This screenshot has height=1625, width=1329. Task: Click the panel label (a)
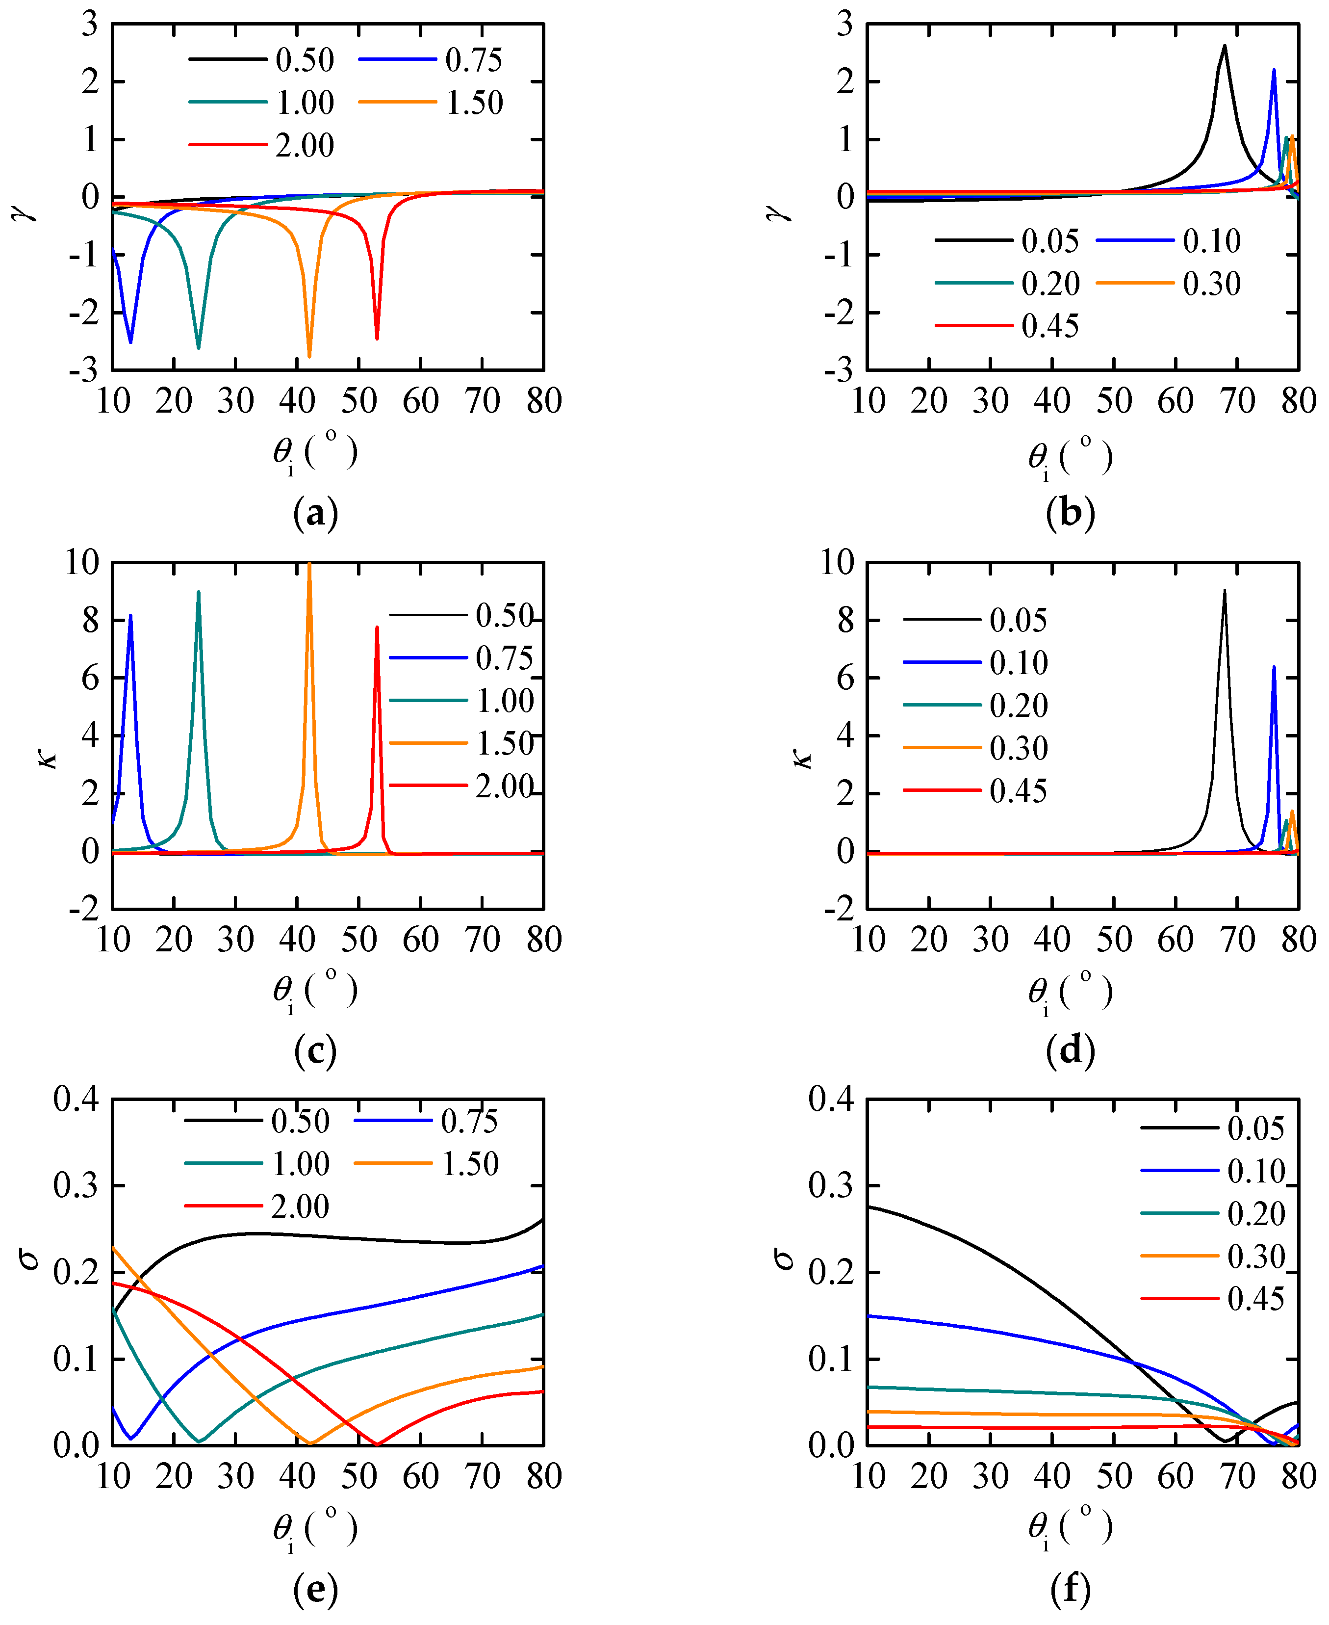tap(315, 514)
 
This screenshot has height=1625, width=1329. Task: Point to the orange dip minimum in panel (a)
tap(309, 357)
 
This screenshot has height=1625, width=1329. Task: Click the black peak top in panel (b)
tap(1224, 46)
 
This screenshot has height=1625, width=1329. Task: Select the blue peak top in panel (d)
tap(1274, 667)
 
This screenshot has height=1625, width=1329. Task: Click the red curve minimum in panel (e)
tap(377, 1444)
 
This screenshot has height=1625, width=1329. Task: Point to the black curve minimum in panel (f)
tap(1225, 1442)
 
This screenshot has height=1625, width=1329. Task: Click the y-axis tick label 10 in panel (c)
tap(82, 563)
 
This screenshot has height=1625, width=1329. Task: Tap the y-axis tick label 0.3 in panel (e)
tap(77, 1185)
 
